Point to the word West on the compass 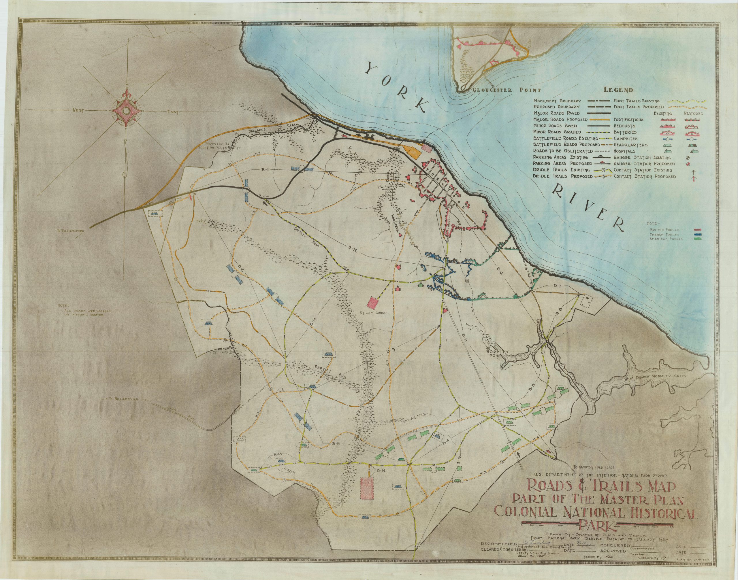click(78, 111)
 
